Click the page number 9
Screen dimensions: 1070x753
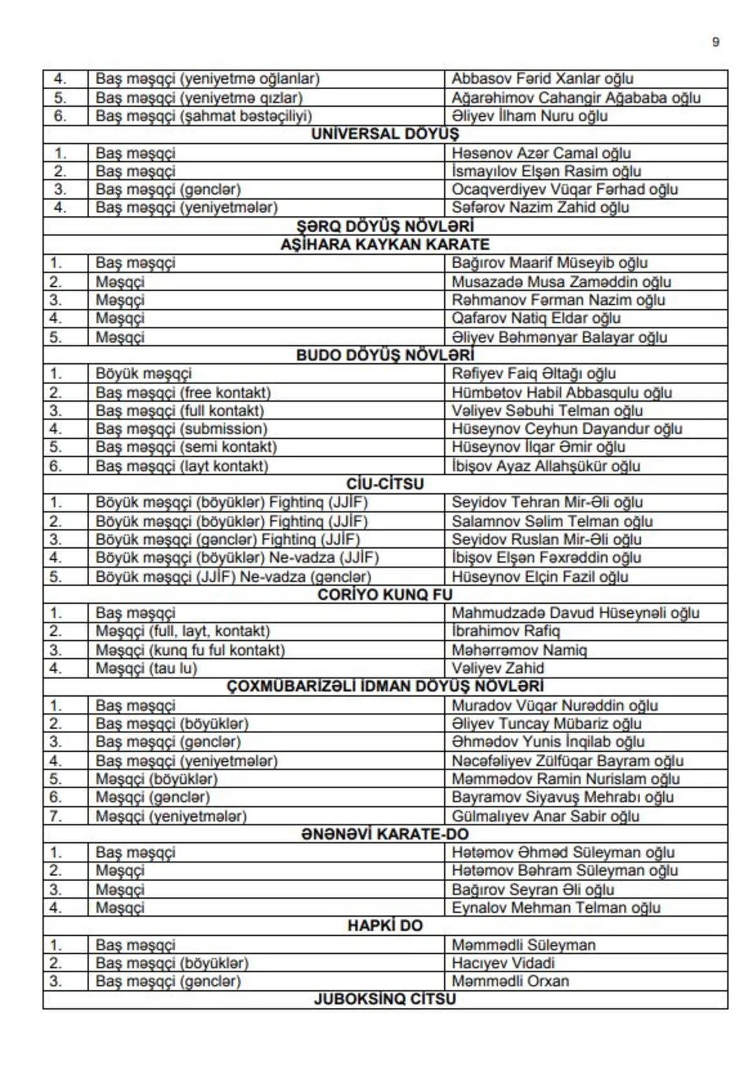coord(715,43)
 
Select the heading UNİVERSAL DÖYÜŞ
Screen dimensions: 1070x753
coord(385,134)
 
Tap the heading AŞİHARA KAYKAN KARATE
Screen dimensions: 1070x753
coord(385,245)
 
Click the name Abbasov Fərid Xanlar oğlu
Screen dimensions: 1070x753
coord(542,79)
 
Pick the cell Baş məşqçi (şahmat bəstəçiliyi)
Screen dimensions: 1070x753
coord(203,116)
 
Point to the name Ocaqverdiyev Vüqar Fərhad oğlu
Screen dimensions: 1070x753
coord(565,190)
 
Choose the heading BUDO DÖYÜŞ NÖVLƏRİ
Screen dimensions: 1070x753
coord(385,356)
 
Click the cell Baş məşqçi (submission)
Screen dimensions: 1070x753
coord(181,429)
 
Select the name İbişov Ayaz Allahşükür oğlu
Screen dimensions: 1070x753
coord(546,466)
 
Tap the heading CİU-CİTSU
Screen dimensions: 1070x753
coord(385,484)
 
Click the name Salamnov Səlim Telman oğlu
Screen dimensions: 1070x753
coord(552,522)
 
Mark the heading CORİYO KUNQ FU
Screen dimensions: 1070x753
coord(385,595)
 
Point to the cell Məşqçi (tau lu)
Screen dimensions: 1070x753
coord(146,668)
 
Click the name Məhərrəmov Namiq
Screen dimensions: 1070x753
coord(519,650)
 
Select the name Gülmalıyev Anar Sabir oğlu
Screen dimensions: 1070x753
coord(545,816)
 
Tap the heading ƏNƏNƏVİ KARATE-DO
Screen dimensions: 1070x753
coord(385,835)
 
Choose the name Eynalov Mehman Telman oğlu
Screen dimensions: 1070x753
coord(556,908)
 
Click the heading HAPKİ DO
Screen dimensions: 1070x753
coord(385,926)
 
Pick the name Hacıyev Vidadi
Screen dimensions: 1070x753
coord(503,963)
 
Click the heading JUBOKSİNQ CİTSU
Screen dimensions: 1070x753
coord(385,999)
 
